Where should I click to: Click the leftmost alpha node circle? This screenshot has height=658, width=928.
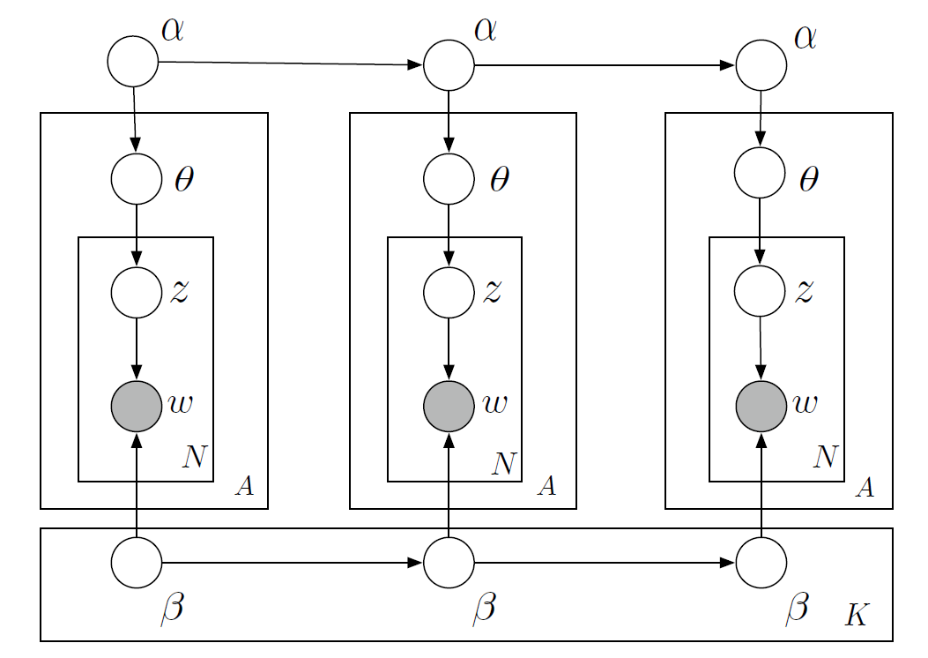133,62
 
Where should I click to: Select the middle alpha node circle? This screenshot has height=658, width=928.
449,65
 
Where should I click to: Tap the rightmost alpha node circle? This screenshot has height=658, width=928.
761,65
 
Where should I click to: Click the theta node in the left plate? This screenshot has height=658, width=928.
137,178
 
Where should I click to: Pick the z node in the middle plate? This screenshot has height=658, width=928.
449,293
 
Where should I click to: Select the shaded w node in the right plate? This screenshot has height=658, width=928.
761,407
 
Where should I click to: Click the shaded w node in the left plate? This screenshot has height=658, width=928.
137,407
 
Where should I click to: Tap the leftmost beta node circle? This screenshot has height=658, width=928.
137,562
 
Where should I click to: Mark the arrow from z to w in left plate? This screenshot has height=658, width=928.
137,349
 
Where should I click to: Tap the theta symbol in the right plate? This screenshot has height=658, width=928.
807,180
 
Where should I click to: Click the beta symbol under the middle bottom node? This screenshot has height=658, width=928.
484,608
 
